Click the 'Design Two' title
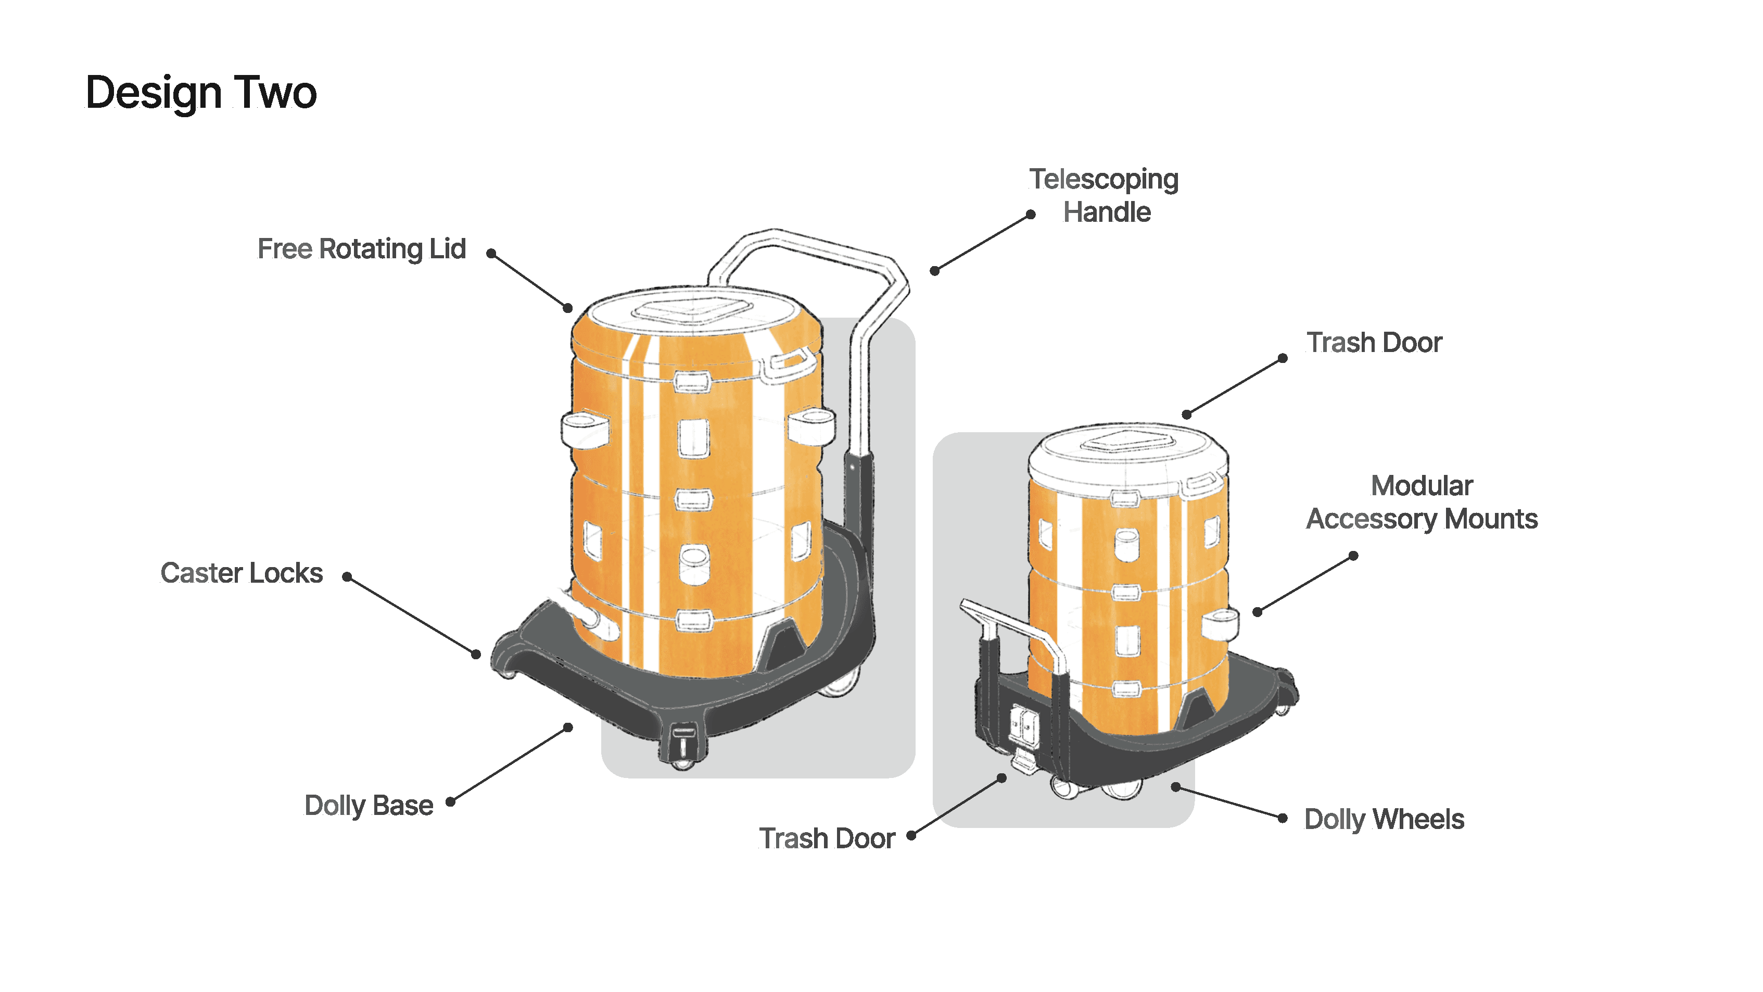pyautogui.click(x=200, y=92)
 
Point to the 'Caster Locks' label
pyautogui.click(x=241, y=573)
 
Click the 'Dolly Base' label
pyautogui.click(x=368, y=806)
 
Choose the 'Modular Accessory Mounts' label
pyautogui.click(x=1422, y=503)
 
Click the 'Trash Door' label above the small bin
pyautogui.click(x=1374, y=342)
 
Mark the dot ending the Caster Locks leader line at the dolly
pyautogui.click(x=476, y=654)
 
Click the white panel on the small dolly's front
pyautogui.click(x=1023, y=724)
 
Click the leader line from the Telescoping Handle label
pyautogui.click(x=983, y=242)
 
